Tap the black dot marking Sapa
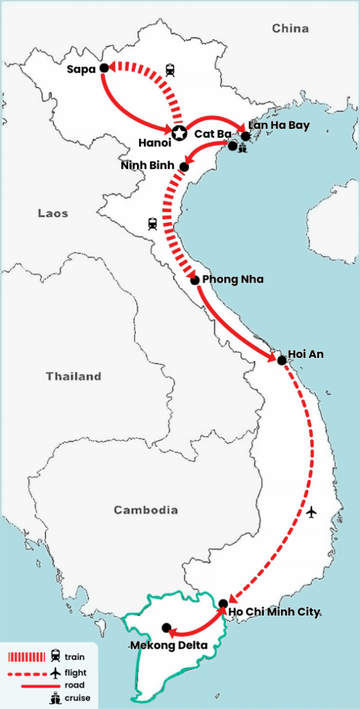point(103,68)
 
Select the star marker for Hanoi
point(179,133)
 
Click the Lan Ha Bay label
point(279,125)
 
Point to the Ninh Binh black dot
point(184,166)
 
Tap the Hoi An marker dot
point(281,360)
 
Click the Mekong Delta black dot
point(166,628)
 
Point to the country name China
point(290,28)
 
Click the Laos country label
point(53,214)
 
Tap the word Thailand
point(73,377)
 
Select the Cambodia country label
point(145,510)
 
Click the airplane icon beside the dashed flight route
point(312,512)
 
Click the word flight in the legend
point(76,672)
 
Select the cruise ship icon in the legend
point(55,698)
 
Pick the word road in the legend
point(74,685)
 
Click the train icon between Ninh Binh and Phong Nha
point(152,223)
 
